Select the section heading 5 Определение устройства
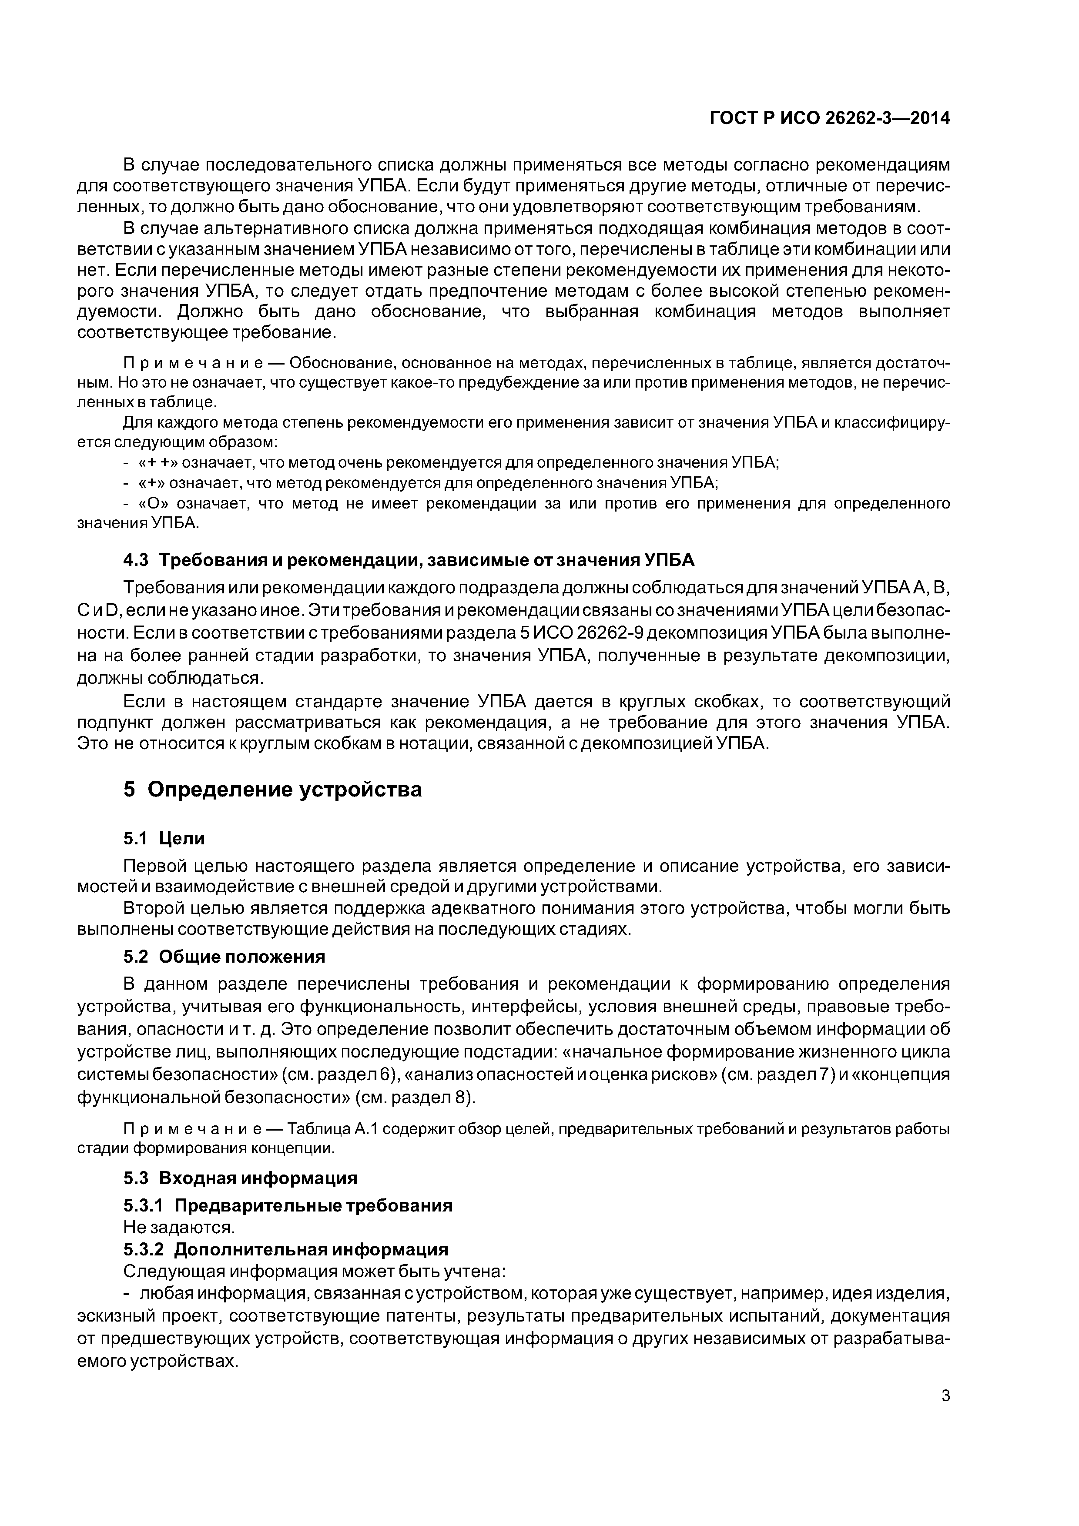tap(272, 790)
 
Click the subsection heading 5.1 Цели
tap(164, 839)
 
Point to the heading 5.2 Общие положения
tap(224, 957)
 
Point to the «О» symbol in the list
tap(151, 504)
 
